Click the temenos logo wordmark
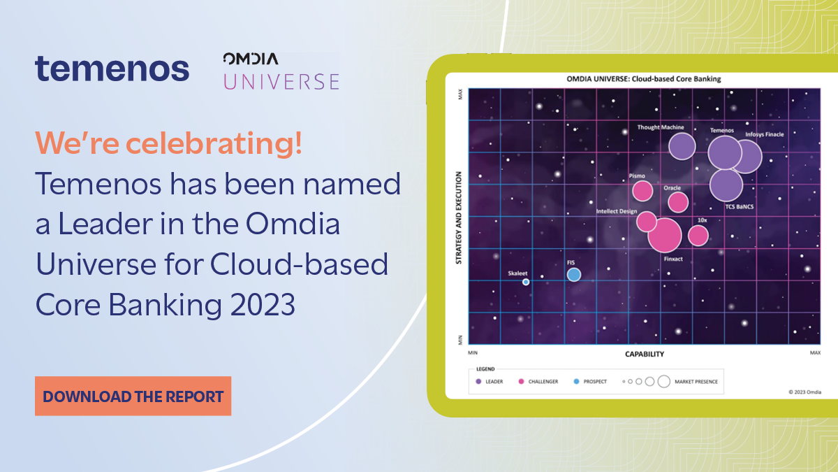click(112, 69)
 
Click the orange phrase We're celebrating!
click(168, 144)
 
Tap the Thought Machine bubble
click(682, 146)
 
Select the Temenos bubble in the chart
click(724, 153)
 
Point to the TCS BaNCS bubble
click(726, 185)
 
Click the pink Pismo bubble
click(642, 190)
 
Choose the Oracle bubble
click(677, 202)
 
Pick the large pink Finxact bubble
click(664, 235)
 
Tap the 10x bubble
click(698, 235)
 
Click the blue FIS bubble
click(573, 274)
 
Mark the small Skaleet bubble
click(526, 282)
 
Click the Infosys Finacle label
click(764, 134)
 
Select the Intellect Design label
click(616, 210)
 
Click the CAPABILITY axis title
click(644, 355)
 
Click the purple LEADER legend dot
click(478, 382)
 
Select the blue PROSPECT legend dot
click(575, 382)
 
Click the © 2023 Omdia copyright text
click(804, 392)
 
